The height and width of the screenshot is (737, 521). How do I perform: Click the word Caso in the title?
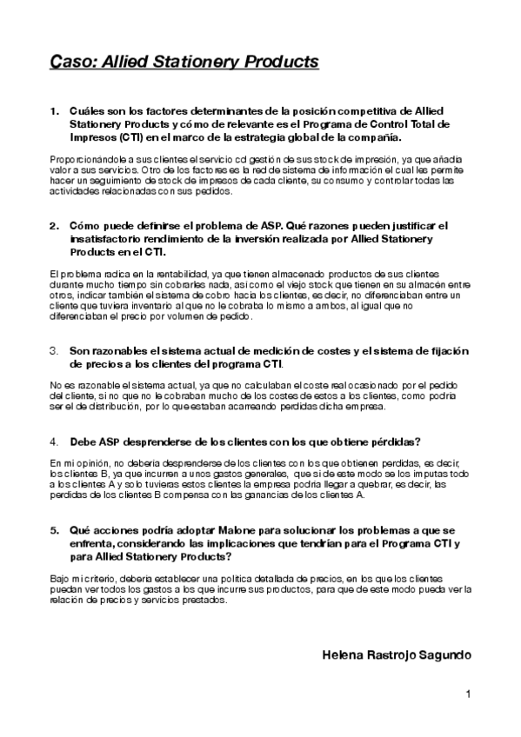coord(70,62)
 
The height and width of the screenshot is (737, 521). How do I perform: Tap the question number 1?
coord(54,112)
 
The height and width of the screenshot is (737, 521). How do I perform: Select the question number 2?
coord(54,226)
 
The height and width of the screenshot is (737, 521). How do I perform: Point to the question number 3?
coord(54,350)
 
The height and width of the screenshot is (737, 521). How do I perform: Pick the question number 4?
coord(54,442)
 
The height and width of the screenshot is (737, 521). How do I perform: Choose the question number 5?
coord(54,530)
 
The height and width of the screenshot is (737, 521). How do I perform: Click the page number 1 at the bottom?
coord(467,694)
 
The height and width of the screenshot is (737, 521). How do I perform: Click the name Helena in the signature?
coord(340,654)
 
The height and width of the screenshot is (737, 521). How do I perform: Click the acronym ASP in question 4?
coord(108,442)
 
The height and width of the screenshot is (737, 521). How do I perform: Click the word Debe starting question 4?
coord(83,442)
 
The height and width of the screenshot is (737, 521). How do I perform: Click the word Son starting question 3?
coord(80,350)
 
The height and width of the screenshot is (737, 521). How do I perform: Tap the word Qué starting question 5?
coord(80,530)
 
